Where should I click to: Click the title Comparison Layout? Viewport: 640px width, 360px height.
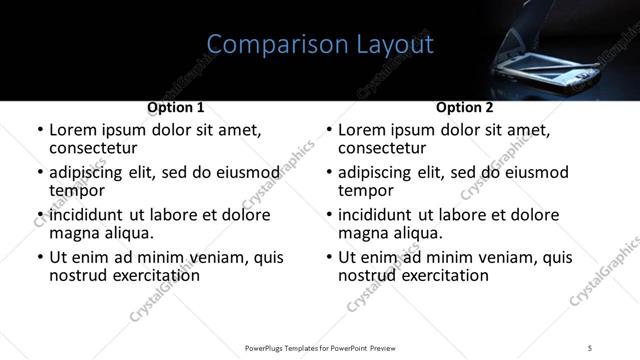coord(320,45)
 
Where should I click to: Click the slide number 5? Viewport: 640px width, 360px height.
coord(590,347)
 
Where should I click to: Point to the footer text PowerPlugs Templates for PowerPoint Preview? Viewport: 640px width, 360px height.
coord(320,347)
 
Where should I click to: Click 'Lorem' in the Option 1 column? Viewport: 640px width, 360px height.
coord(73,130)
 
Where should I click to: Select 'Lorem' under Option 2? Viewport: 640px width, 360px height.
coord(362,130)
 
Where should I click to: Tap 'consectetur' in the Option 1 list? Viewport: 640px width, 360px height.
coord(95,148)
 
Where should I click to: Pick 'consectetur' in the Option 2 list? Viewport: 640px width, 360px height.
coord(384,148)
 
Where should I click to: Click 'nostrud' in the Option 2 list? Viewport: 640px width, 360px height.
coord(368,275)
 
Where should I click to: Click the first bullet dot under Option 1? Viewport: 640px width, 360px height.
coord(40,131)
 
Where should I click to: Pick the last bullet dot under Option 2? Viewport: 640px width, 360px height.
coord(329,258)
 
